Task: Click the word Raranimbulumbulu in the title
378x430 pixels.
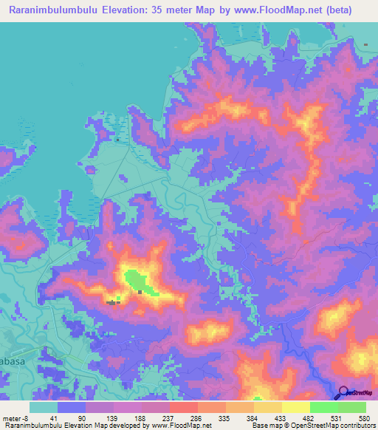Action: click(x=56, y=10)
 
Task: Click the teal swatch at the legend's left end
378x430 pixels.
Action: click(x=44, y=407)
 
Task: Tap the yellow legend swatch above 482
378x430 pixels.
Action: click(x=295, y=407)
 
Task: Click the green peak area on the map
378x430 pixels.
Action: click(x=137, y=281)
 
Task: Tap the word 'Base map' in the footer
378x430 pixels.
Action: click(x=263, y=426)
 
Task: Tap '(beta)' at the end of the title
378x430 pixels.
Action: click(x=336, y=10)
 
